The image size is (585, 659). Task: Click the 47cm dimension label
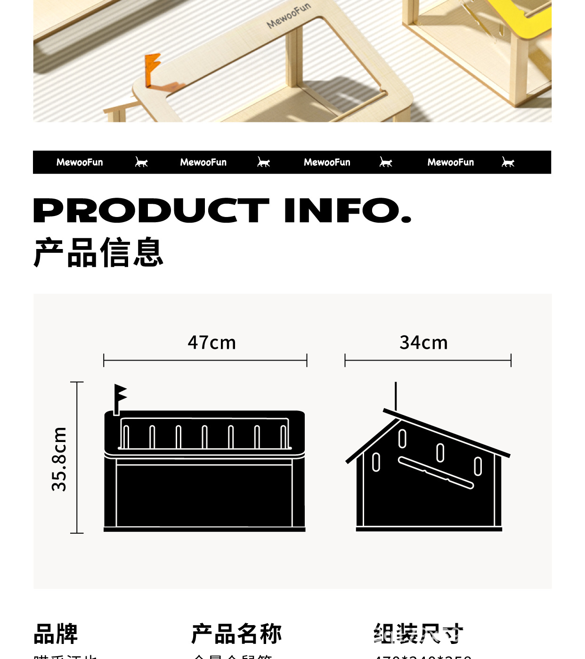pyautogui.click(x=211, y=343)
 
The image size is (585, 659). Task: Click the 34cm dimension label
pyautogui.click(x=423, y=343)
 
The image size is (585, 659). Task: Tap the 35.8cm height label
pyautogui.click(x=59, y=459)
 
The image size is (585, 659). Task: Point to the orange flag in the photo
pyautogui.click(x=152, y=70)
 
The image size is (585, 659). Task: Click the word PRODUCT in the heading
pyautogui.click(x=151, y=210)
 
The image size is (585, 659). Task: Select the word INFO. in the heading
pyautogui.click(x=348, y=210)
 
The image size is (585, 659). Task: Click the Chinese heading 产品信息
pyautogui.click(x=98, y=253)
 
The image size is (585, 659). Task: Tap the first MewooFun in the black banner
pyautogui.click(x=80, y=162)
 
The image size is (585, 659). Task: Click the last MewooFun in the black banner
pyautogui.click(x=451, y=162)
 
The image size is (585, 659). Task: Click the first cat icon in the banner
pyautogui.click(x=141, y=162)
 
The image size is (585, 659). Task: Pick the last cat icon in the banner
pyautogui.click(x=508, y=162)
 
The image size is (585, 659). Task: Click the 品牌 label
pyautogui.click(x=56, y=634)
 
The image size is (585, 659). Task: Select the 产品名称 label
pyautogui.click(x=236, y=634)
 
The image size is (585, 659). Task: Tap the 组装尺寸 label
pyautogui.click(x=418, y=634)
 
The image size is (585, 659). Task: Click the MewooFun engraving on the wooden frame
pyautogui.click(x=289, y=16)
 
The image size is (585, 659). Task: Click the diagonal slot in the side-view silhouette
pyautogui.click(x=436, y=473)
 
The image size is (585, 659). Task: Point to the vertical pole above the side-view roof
pyautogui.click(x=396, y=395)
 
